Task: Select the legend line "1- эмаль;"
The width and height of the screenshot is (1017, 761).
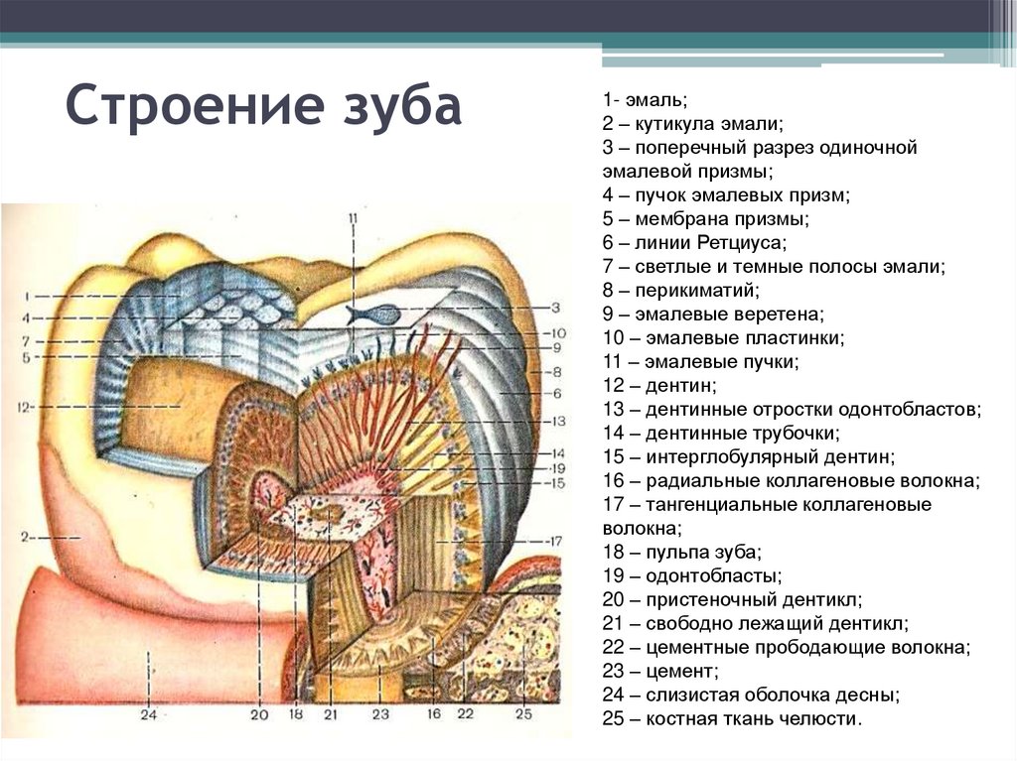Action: point(644,100)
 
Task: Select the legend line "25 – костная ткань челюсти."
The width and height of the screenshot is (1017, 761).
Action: point(733,718)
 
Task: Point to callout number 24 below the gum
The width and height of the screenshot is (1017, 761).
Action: point(149,713)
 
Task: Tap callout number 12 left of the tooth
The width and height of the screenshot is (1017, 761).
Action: point(25,406)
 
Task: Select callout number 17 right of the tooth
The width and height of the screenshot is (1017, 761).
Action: point(554,542)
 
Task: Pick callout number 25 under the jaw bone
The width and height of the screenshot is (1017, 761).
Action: point(523,713)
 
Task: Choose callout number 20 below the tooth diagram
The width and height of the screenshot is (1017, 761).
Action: point(259,713)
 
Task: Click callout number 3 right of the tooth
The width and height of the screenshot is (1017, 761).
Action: point(556,308)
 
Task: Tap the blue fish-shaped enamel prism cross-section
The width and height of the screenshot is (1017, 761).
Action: point(373,315)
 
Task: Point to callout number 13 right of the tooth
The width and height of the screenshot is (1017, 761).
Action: point(556,421)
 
